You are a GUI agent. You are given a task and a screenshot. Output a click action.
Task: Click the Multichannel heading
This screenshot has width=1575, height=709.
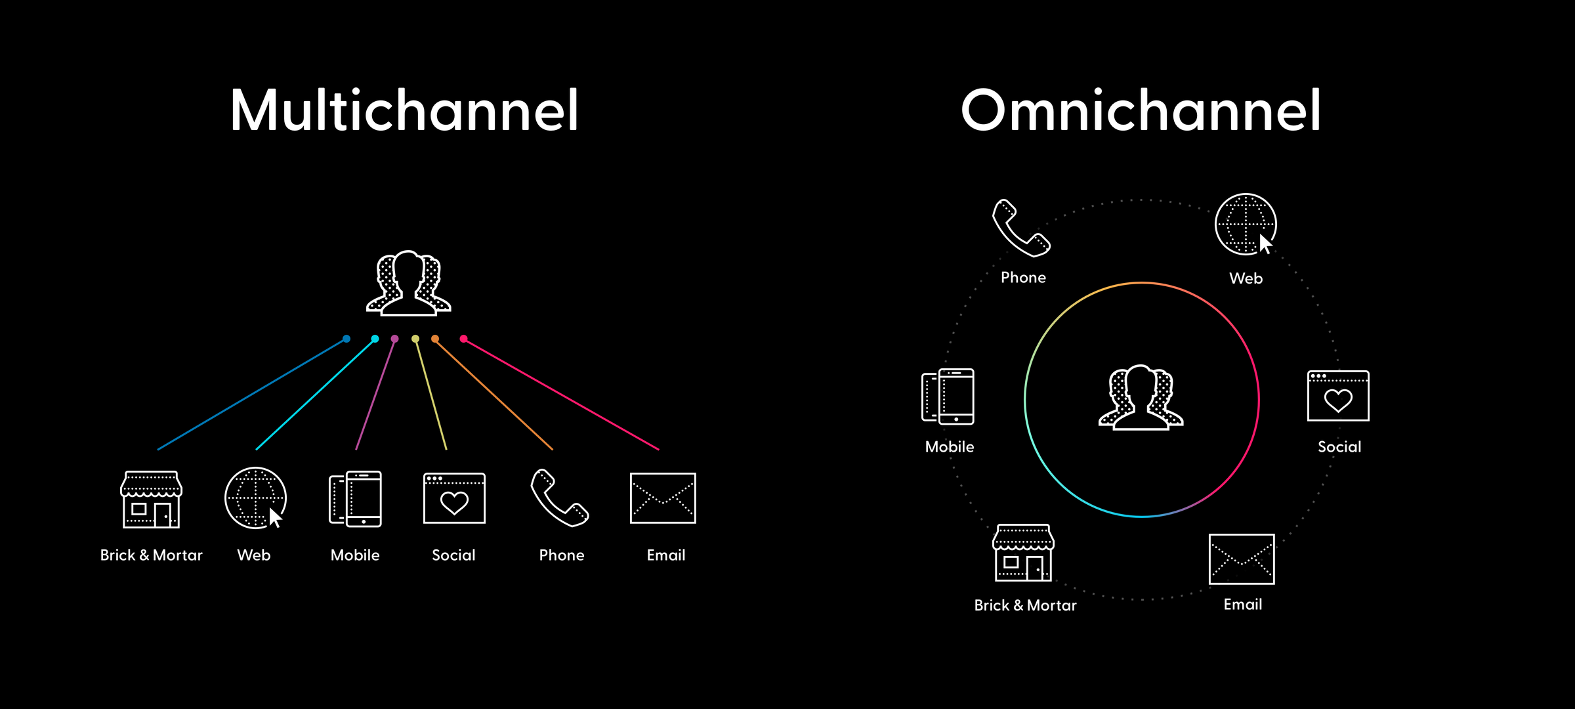[404, 110]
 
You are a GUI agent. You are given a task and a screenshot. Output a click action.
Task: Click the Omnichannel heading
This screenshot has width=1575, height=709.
[1141, 110]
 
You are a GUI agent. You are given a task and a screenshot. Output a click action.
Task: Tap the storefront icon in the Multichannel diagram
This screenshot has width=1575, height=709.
[151, 499]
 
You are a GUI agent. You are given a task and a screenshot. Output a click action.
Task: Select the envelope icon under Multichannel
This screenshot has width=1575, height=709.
[663, 498]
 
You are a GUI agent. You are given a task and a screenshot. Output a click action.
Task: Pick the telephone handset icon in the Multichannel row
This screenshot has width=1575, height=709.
[559, 498]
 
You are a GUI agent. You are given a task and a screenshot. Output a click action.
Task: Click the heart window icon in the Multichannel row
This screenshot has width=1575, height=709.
[454, 498]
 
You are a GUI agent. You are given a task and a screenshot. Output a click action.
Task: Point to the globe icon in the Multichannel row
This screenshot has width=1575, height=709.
[255, 498]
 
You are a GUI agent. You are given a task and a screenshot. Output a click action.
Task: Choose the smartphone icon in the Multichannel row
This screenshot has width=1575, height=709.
[355, 499]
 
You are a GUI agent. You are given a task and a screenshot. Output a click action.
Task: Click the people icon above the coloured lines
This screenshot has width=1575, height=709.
[408, 284]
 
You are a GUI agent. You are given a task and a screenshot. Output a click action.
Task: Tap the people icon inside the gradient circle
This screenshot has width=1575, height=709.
[1141, 398]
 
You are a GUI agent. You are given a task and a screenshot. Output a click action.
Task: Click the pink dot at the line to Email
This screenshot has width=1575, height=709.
[463, 339]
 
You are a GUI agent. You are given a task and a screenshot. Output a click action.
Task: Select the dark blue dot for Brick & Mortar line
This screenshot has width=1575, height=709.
[346, 339]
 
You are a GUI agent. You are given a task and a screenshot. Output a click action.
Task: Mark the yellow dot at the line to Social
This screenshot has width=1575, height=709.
[415, 339]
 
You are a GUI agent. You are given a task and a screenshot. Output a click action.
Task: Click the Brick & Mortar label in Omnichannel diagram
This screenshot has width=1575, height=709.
[1025, 605]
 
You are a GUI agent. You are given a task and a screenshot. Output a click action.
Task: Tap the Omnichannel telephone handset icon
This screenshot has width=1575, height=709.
[1020, 228]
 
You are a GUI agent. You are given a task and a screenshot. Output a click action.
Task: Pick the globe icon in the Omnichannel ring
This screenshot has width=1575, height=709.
[1245, 225]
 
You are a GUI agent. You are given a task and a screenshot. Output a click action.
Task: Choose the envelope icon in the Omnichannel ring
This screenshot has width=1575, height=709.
[1242, 559]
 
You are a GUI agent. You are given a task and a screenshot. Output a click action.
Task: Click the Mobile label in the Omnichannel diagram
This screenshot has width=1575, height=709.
[950, 447]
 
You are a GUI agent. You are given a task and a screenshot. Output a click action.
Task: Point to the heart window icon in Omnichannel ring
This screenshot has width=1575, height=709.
[1338, 396]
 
